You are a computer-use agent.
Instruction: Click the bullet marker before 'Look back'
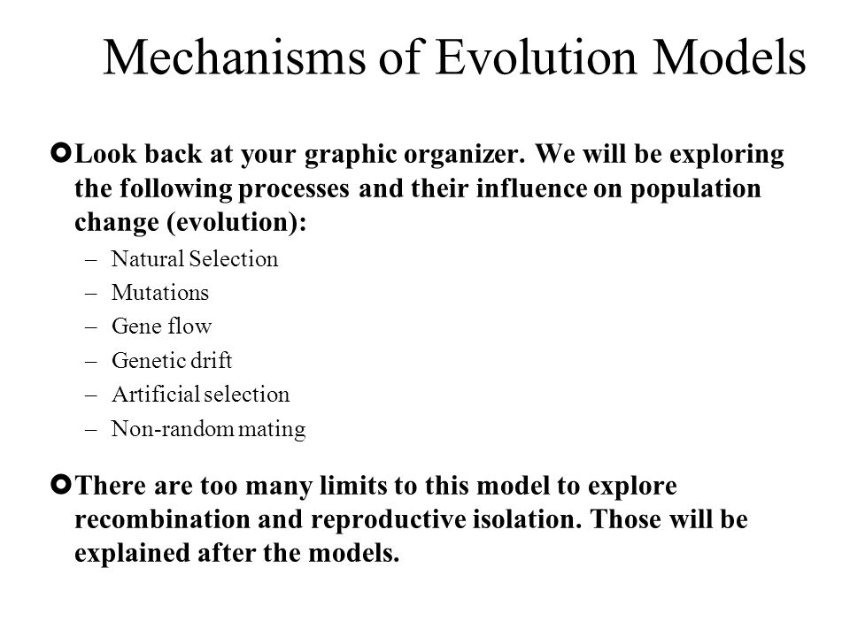[x=61, y=153]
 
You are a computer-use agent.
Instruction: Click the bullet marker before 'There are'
[x=61, y=484]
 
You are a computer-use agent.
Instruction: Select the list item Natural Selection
[x=195, y=259]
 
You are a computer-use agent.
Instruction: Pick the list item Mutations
[x=160, y=293]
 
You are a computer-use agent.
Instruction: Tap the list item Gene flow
[x=161, y=326]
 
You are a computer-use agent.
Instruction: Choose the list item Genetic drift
[x=172, y=360]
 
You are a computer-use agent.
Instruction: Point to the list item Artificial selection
[x=201, y=395]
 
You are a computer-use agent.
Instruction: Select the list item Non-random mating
[x=209, y=429]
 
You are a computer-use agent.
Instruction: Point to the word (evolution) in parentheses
[x=237, y=222]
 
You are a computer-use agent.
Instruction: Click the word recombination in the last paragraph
[x=161, y=519]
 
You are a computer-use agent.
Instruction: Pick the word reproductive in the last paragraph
[x=388, y=520]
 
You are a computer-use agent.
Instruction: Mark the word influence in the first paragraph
[x=532, y=188]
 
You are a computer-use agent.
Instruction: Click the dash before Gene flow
[x=91, y=327]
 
